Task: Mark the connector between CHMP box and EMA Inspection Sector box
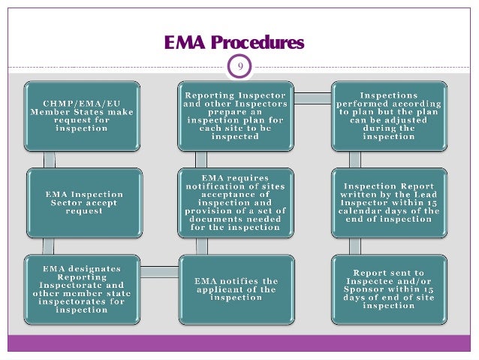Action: [50, 159]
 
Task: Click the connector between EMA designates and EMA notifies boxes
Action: [159, 271]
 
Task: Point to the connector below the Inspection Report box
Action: [355, 246]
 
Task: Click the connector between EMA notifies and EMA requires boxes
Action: [201, 246]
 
